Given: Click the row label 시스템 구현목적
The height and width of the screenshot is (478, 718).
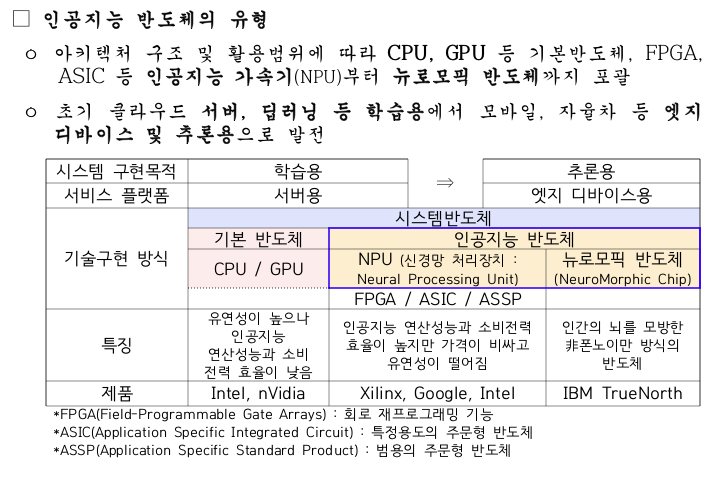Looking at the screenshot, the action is coord(116,171).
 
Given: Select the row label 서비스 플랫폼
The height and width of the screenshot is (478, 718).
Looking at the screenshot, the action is coord(116,194).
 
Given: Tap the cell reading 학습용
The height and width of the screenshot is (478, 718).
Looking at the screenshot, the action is coord(298,171).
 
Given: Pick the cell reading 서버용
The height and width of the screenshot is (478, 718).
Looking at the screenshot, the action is coord(298,194).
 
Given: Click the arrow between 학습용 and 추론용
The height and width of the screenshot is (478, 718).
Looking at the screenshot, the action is coord(445,182).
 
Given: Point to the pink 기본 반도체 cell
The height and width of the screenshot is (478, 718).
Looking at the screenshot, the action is coord(258,239).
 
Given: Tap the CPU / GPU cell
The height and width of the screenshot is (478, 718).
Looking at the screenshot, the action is coord(258,268).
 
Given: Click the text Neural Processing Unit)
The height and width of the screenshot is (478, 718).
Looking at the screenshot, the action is coord(438,279).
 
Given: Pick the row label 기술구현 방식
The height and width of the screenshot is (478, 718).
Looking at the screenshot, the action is coord(116,258).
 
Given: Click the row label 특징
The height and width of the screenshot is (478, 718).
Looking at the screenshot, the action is coord(116,345).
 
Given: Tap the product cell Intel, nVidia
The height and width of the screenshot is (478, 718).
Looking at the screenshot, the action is coord(258,393).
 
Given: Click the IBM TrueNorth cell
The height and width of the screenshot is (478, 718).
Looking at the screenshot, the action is coord(622,393).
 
